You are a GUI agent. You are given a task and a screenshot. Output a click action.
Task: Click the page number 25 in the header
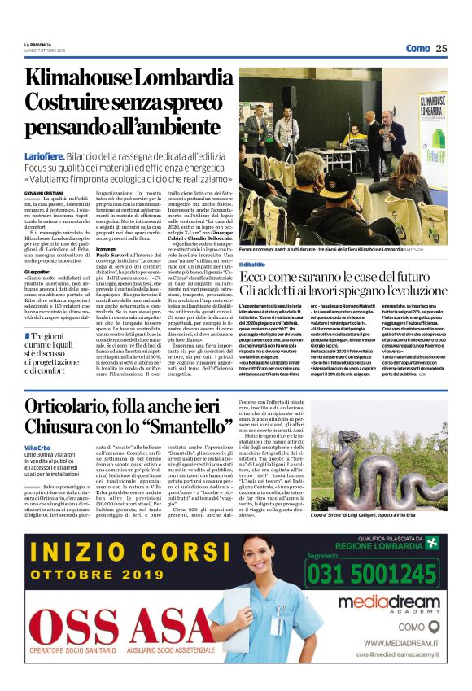tap(441, 48)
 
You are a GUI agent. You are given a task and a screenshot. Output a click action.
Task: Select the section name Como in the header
tap(417, 48)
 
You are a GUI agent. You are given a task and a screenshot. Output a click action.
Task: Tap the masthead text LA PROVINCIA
tap(37, 44)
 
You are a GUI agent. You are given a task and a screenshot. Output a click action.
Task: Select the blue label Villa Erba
tap(37, 448)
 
